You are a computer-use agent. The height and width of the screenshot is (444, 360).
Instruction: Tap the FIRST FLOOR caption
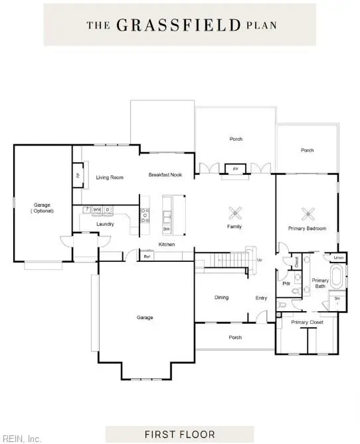coord(181,434)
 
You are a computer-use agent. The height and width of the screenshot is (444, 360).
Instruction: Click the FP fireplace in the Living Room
coord(78,176)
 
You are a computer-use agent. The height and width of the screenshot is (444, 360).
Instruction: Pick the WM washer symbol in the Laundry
coord(97,210)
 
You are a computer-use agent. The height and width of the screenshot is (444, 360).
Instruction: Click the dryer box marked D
coord(108,210)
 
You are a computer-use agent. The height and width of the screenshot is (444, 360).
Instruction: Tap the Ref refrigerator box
coord(147,256)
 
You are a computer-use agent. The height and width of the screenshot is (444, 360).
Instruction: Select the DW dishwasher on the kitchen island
coord(166,229)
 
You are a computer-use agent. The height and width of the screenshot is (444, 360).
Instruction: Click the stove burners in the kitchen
coord(144,215)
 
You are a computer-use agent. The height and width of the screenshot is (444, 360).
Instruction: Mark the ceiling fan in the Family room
coord(234,213)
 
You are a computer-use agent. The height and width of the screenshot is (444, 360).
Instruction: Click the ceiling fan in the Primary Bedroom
coord(308,213)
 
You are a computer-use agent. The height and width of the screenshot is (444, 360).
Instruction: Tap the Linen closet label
coord(339,257)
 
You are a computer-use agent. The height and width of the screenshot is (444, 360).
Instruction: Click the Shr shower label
coord(337,298)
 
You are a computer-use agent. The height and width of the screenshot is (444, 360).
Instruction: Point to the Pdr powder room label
coord(287,284)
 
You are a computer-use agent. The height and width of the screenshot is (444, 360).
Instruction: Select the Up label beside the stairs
coord(259,259)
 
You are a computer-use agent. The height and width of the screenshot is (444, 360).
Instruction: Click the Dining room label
coord(221,297)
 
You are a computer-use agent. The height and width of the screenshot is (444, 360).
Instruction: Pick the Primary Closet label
coord(307,322)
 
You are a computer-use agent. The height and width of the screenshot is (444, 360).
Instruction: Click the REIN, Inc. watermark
coord(21,438)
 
